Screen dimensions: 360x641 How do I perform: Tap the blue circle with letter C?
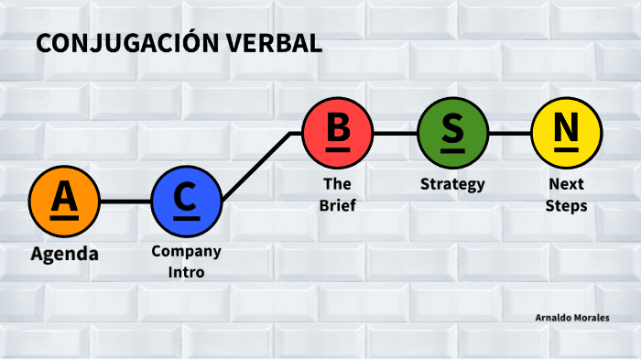coord(186,200)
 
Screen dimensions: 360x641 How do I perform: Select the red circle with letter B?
coord(338,132)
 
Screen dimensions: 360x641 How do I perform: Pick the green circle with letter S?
coord(452,132)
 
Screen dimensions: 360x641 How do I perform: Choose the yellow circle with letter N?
coord(566,132)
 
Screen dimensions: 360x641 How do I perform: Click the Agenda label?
coord(64,254)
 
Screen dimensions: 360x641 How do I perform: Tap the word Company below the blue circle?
coord(186,251)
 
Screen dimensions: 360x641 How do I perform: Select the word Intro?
coord(186,272)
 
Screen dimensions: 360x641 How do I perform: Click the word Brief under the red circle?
coord(338,205)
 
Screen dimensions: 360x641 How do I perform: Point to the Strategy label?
coord(452,184)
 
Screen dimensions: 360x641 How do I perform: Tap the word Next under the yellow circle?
coord(566,184)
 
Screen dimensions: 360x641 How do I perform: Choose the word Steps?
coord(566,206)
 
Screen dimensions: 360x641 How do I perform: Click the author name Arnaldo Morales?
coord(572,318)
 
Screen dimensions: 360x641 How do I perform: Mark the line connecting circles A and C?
coord(125,200)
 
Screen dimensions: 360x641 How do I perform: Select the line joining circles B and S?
coord(395,132)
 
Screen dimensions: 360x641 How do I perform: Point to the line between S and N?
coord(509,132)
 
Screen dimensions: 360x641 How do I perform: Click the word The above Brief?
coord(338,184)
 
